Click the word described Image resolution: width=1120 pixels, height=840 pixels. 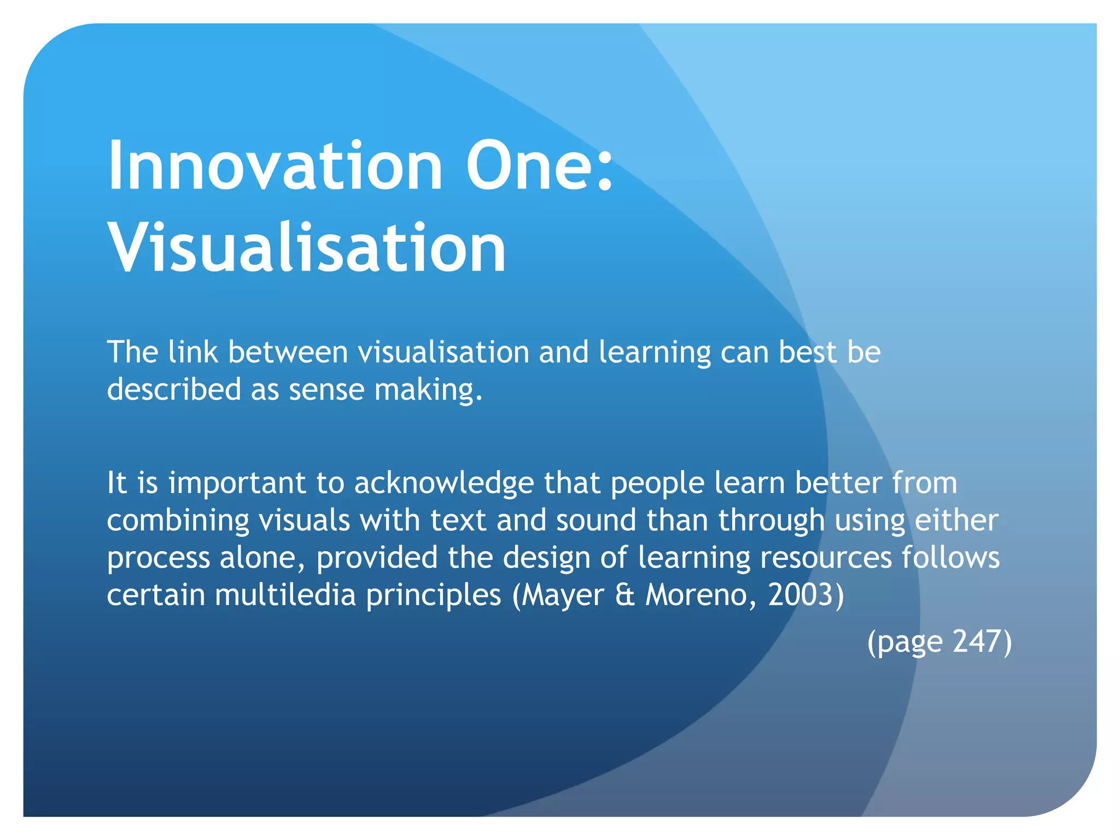[174, 389]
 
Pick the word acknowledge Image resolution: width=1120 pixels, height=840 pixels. [444, 483]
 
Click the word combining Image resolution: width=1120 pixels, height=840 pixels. [178, 521]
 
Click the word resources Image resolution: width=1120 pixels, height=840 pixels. [826, 558]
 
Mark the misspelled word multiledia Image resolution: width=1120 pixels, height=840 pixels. [285, 594]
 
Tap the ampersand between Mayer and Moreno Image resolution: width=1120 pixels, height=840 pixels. [625, 594]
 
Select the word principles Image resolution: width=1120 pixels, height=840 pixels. [433, 596]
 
